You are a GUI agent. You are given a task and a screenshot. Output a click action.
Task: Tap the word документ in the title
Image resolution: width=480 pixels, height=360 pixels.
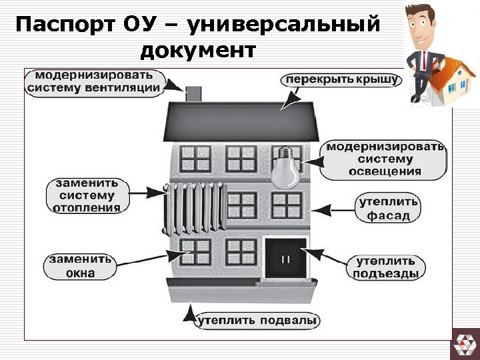[197, 50]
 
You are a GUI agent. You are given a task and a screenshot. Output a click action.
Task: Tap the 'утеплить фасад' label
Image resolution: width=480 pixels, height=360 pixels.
[389, 208]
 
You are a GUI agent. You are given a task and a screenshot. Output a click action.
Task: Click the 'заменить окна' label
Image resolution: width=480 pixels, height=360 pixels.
[80, 266]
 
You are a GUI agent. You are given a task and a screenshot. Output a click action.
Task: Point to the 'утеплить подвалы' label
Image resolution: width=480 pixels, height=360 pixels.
[257, 321]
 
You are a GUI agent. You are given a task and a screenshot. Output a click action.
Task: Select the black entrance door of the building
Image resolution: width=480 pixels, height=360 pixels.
[285, 258]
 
